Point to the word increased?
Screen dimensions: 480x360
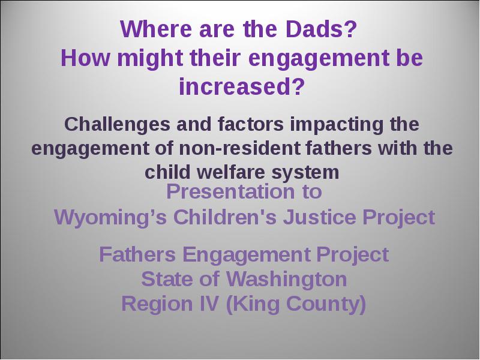pyautogui.click(x=242, y=86)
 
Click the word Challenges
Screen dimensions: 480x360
pyautogui.click(x=117, y=125)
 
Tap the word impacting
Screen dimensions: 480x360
pyautogui.click(x=337, y=125)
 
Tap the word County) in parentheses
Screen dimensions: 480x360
pyautogui.click(x=326, y=305)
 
